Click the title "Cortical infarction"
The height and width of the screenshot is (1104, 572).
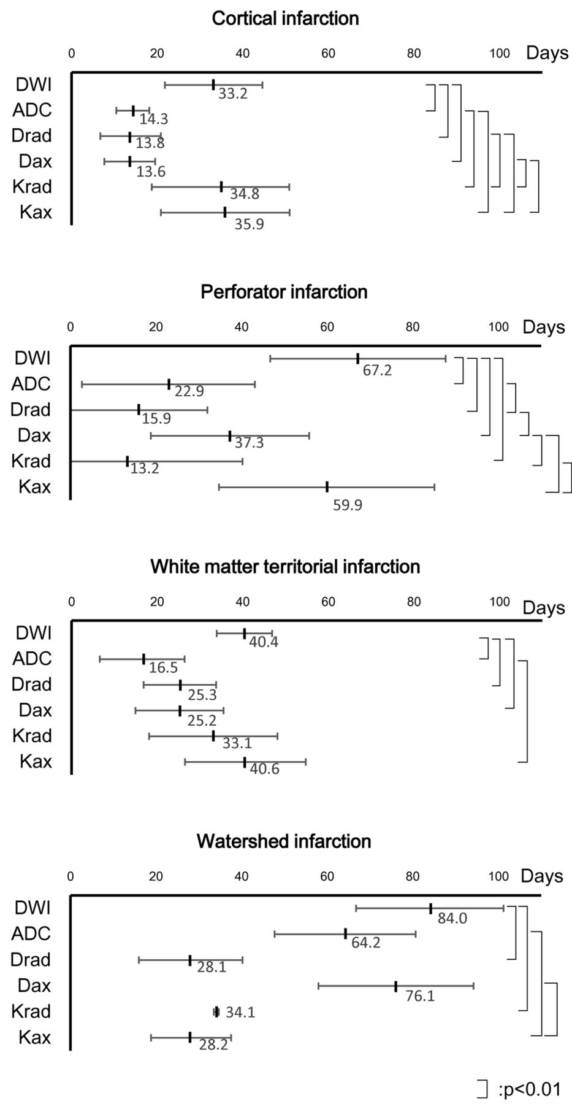pyautogui.click(x=285, y=18)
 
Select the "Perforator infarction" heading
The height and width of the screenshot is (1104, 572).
pyautogui.click(x=284, y=291)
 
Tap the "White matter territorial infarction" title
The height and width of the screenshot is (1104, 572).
pyautogui.click(x=285, y=566)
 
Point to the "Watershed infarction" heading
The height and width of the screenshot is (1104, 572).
pyautogui.click(x=284, y=840)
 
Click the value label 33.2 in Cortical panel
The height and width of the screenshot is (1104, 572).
pyautogui.click(x=233, y=94)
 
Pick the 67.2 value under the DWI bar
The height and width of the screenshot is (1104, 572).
pyautogui.click(x=377, y=370)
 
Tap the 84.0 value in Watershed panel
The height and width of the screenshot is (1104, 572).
pyautogui.click(x=452, y=918)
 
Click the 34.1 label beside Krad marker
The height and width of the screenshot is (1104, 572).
pyautogui.click(x=240, y=1012)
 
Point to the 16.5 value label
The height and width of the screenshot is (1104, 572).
pyautogui.click(x=163, y=668)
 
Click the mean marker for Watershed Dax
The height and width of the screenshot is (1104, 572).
pyautogui.click(x=396, y=986)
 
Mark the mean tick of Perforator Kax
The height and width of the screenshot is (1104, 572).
pyautogui.click(x=327, y=487)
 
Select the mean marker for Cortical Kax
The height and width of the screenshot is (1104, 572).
pyautogui.click(x=225, y=212)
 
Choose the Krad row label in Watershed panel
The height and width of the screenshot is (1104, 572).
pyautogui.click(x=31, y=1011)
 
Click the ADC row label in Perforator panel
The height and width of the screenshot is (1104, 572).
pyautogui.click(x=31, y=384)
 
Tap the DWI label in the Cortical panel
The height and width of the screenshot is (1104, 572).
pyautogui.click(x=33, y=84)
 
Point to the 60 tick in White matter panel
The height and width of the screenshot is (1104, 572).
pyautogui.click(x=328, y=602)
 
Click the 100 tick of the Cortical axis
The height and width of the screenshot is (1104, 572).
pyautogui.click(x=500, y=53)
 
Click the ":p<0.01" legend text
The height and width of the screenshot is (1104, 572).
pyautogui.click(x=530, y=1089)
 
